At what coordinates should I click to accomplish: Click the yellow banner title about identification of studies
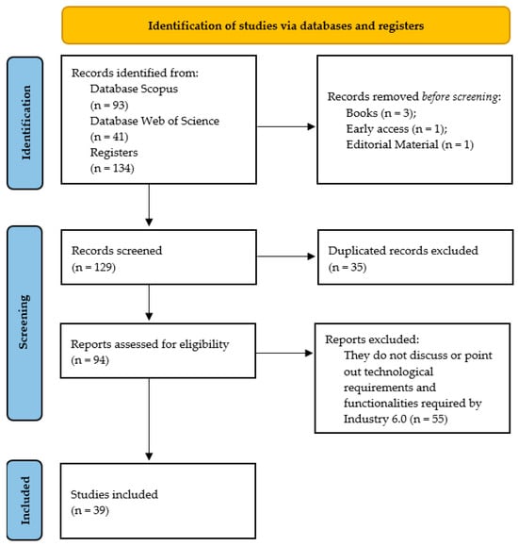pos(285,25)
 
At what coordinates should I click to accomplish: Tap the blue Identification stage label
pos(25,123)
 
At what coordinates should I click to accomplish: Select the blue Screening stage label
pos(24,323)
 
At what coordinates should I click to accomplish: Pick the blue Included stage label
pos(25,500)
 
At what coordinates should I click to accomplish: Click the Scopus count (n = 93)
pos(109,105)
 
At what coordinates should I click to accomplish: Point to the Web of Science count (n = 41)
pos(109,137)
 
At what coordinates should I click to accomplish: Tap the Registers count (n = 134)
pos(112,168)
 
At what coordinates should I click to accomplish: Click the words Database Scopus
pos(134,89)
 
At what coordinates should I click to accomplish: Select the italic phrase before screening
pos(460,96)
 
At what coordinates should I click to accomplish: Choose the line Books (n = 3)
pos(380,113)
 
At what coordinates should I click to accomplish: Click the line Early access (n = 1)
pos(397,129)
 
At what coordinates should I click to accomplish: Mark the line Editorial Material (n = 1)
pos(410,144)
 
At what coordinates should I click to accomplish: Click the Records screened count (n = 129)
pos(93,267)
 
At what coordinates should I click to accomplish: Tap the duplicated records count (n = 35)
pos(348,267)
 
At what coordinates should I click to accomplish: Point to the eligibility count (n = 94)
pos(90,360)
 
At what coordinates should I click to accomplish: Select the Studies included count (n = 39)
pos(90,510)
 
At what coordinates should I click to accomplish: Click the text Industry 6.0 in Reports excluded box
pos(375,419)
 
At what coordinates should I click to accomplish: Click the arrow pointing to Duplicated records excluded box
pos(286,256)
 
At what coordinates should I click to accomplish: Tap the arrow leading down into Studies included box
pos(149,419)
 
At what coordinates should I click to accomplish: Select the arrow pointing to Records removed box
pos(286,126)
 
